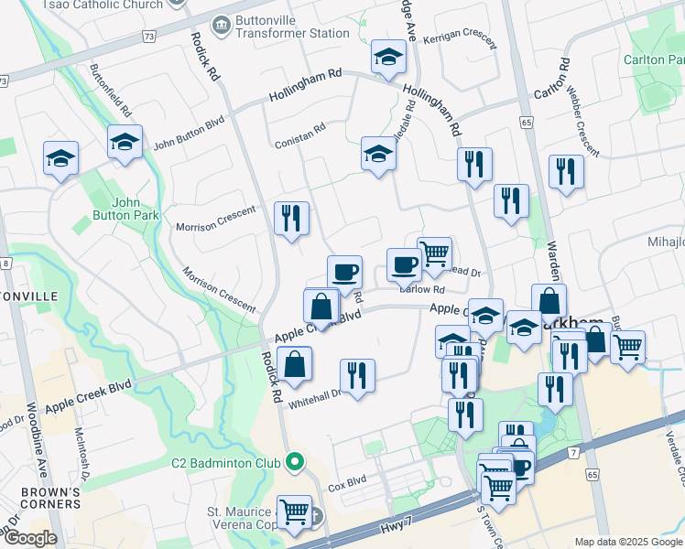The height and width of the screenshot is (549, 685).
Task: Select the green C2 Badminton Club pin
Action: click(x=293, y=462)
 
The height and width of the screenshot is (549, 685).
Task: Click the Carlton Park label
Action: click(x=655, y=59)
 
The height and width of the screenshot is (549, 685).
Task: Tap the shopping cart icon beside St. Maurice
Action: click(x=293, y=512)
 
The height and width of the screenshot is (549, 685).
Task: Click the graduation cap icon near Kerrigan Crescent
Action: click(x=388, y=57)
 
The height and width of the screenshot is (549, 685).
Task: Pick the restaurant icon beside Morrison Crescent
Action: click(x=291, y=218)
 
